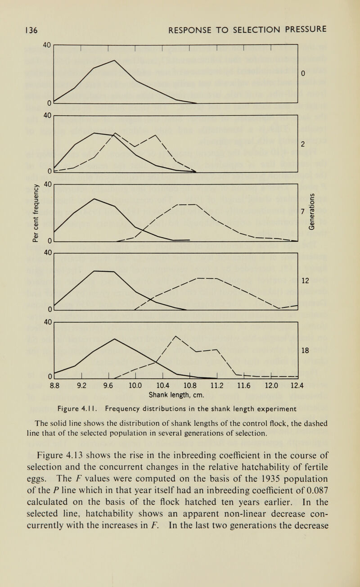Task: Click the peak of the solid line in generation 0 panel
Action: click(116, 60)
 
